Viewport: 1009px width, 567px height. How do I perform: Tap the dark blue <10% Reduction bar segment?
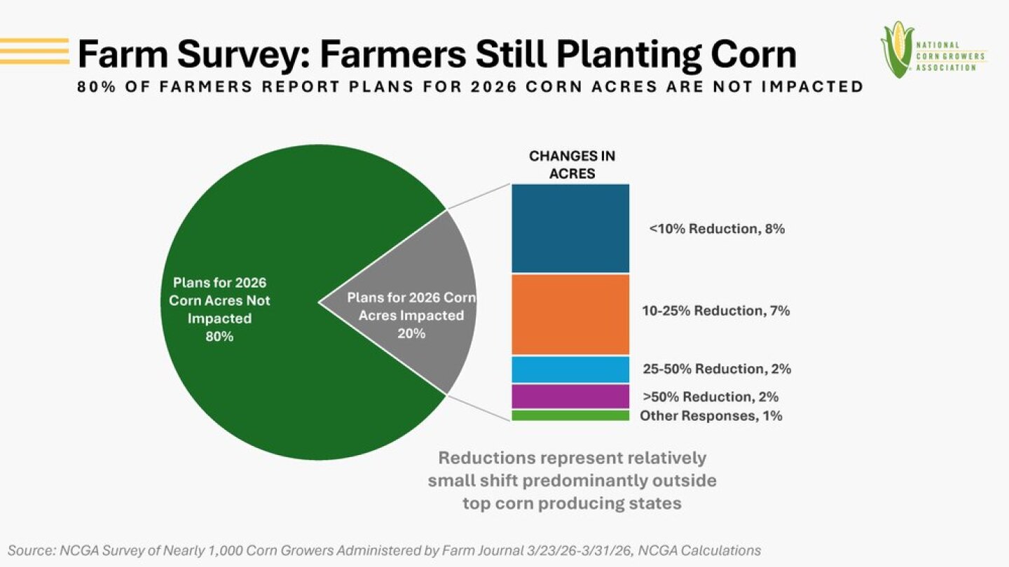coord(570,228)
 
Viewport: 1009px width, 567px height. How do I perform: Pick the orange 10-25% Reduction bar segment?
coord(570,314)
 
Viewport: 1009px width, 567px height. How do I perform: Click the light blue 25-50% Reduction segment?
coord(570,369)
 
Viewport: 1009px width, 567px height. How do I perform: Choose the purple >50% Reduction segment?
coord(570,396)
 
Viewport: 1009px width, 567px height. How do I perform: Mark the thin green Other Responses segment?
coord(570,416)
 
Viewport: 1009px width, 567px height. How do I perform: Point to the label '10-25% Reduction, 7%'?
coord(716,311)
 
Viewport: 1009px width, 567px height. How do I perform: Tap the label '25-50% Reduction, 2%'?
coord(717,369)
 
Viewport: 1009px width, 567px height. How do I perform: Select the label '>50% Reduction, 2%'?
coord(711,397)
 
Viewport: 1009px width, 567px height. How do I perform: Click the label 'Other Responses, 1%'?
coord(711,416)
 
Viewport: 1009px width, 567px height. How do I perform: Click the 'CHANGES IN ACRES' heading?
coord(572,165)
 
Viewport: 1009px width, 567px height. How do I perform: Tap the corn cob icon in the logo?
coord(896,49)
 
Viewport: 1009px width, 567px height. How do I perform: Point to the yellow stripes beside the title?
coord(34,51)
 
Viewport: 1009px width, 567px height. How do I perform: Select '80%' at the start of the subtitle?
coord(94,87)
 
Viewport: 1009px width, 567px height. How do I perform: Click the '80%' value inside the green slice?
coord(219,337)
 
